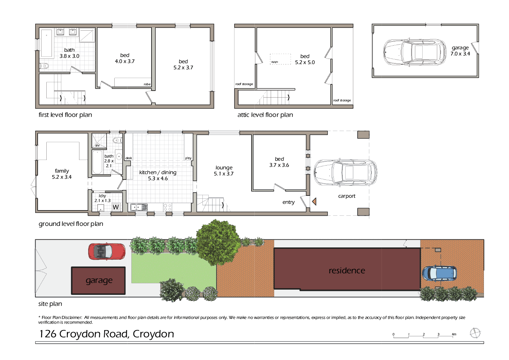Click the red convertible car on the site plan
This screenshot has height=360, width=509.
coord(107,251)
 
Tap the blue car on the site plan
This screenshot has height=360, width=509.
coord(439,273)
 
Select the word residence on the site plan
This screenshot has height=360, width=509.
coord(347,270)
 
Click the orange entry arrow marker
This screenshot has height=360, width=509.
coord(314,201)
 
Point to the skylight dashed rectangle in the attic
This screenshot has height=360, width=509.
coord(280,59)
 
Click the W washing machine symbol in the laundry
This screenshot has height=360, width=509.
coord(116,207)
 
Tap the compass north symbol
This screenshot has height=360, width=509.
coord(475,333)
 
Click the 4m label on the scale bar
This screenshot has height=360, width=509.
coord(454,334)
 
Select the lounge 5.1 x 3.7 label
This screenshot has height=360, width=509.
coord(224,170)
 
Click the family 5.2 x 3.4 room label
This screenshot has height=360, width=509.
coord(62,174)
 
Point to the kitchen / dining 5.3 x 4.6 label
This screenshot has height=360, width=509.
coord(158,175)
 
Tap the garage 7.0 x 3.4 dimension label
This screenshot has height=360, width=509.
coord(460,51)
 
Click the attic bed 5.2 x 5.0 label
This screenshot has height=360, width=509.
coord(305,59)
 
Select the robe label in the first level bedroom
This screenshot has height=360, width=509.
coord(147,84)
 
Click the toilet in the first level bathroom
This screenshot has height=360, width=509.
coord(44,66)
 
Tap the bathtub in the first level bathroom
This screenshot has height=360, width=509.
coord(46,44)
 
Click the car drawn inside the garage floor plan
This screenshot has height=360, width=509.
coord(415,52)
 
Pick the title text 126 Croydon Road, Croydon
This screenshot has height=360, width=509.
coord(107,334)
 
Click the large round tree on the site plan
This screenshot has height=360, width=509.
coord(218,242)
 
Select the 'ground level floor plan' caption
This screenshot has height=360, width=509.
coord(71,224)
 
